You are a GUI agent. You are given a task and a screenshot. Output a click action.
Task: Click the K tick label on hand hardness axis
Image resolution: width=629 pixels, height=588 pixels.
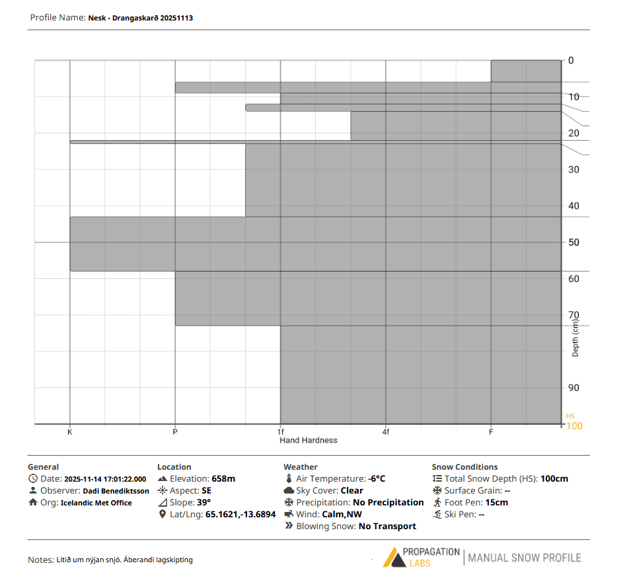(x=69, y=432)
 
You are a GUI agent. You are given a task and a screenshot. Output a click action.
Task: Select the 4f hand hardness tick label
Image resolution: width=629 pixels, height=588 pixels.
(x=386, y=432)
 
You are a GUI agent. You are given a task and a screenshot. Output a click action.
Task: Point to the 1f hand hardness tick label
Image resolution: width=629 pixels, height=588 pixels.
(x=281, y=432)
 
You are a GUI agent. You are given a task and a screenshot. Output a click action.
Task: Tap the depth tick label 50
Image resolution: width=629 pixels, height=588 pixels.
(x=573, y=242)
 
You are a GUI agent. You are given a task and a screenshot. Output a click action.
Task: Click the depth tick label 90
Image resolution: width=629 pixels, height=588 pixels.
(x=573, y=388)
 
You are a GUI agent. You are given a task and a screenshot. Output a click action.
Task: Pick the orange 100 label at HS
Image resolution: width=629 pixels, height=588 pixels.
(x=574, y=425)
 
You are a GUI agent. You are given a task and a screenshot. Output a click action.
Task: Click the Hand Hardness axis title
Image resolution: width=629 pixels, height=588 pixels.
(x=308, y=440)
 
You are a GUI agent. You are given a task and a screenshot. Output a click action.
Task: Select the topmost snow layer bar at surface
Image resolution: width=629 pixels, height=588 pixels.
(x=525, y=71)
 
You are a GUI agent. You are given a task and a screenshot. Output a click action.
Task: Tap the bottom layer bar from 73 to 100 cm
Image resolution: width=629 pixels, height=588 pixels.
(x=420, y=375)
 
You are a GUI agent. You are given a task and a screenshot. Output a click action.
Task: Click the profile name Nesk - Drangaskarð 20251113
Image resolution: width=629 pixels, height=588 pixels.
(x=140, y=18)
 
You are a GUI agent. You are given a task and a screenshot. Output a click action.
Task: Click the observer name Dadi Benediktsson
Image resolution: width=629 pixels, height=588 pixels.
(x=116, y=491)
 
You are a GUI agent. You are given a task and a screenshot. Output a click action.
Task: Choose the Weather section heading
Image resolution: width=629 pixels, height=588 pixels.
(x=300, y=466)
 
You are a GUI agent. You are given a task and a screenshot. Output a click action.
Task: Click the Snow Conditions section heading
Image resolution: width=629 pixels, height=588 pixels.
(x=464, y=466)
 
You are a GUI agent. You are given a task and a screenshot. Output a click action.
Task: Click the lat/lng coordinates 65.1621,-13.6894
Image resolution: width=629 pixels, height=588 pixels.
(x=240, y=514)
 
